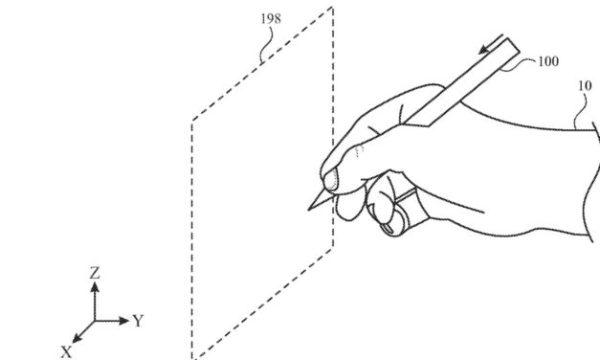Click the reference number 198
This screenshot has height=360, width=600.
coord(271,18)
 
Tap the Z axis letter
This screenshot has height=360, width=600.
coord(94,274)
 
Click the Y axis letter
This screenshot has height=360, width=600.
coord(138,320)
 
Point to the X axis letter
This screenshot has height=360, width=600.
coord(66,351)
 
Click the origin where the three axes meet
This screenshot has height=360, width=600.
coord(94,320)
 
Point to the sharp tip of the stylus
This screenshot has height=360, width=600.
coord(308,209)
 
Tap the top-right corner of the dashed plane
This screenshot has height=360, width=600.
coord(332,8)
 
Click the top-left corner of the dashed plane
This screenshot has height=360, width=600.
coord(192,122)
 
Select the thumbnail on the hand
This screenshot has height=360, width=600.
coord(328,181)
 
